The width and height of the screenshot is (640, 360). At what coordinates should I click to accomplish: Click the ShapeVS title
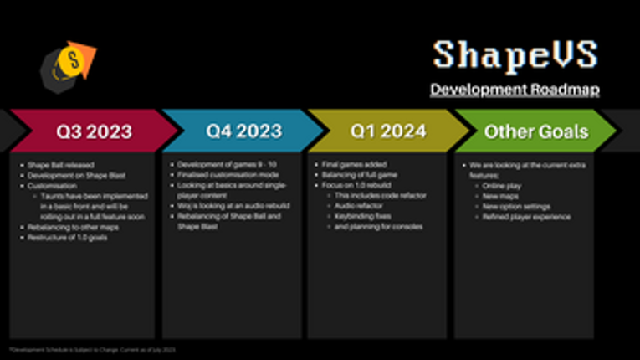coord(515,55)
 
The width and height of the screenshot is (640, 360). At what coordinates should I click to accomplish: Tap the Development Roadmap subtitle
coord(515,89)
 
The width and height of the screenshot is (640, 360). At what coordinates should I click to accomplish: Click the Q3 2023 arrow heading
coord(94,131)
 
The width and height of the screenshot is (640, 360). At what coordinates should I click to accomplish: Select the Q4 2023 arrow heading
coord(243,131)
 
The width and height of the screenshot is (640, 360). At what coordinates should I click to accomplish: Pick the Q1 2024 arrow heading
coord(387,131)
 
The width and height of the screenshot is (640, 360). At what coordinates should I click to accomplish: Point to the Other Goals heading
coord(536,131)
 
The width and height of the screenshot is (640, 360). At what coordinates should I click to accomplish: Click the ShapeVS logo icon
coord(67,64)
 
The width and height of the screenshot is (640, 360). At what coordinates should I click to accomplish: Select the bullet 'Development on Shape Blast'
coord(65,174)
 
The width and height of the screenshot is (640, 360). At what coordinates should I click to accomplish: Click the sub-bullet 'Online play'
coord(501,185)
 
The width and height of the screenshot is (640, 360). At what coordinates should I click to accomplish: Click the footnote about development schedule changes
coord(92,349)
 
